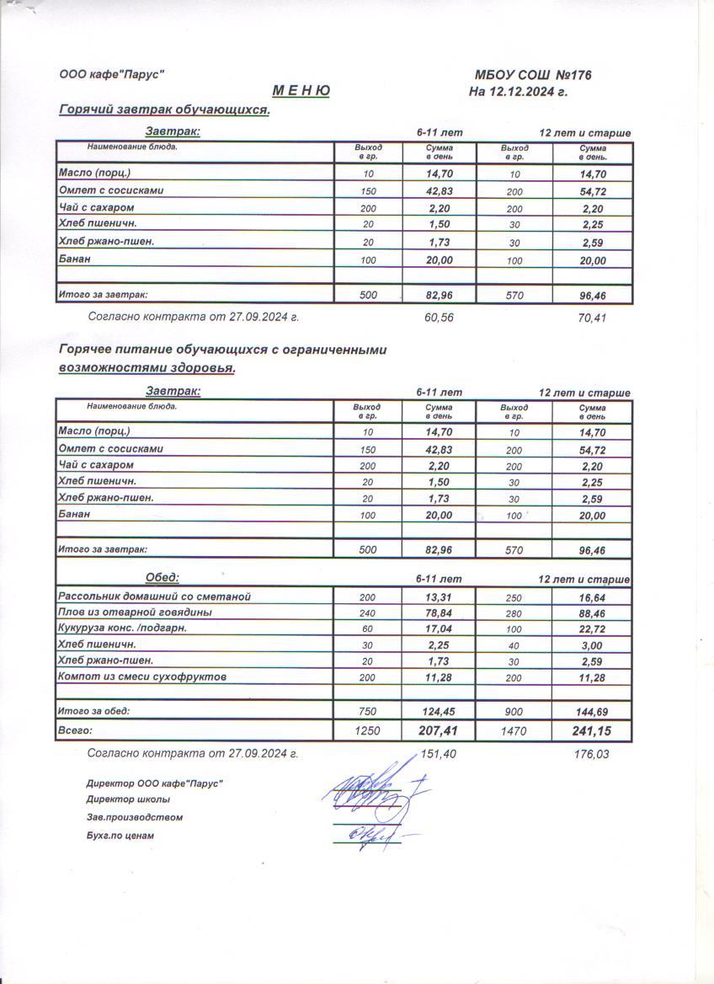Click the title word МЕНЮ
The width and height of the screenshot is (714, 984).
point(301,91)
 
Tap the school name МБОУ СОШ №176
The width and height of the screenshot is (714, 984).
point(534,76)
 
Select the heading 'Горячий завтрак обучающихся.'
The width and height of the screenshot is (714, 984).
point(164,110)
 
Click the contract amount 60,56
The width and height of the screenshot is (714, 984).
point(440,318)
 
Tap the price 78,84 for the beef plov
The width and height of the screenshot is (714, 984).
point(440,612)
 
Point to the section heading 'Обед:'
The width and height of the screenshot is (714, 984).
point(163,577)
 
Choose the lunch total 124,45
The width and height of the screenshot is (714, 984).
point(440,711)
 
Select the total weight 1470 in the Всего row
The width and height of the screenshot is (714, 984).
point(513,731)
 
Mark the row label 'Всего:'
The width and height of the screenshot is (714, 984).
point(74,730)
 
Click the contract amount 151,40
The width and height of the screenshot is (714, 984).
point(438,754)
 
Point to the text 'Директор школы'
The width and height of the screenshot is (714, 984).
point(127,799)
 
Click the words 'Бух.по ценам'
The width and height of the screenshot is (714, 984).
point(120,836)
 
